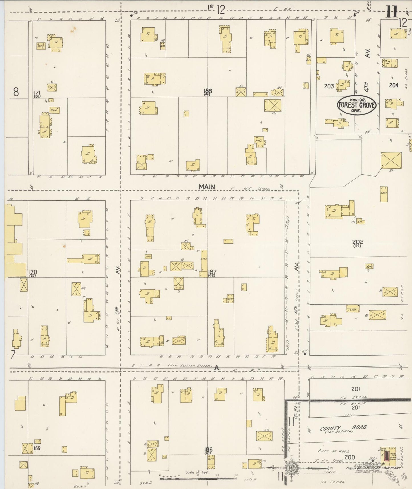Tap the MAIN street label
click(x=207, y=187)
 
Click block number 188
click(x=208, y=91)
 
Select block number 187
click(x=212, y=272)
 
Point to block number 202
click(x=358, y=242)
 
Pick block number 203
click(x=329, y=86)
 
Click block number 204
click(x=393, y=85)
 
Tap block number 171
click(x=37, y=92)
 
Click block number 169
click(x=37, y=448)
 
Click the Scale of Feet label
click(x=197, y=472)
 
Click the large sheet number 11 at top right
click(x=391, y=12)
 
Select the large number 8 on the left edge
click(x=16, y=92)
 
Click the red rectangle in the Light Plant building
click(x=386, y=456)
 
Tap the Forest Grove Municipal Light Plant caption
click(x=373, y=468)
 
